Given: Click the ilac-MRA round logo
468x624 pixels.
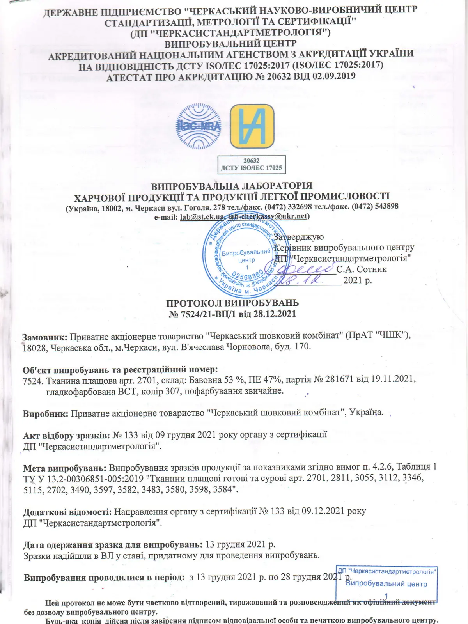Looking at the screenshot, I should [199, 126].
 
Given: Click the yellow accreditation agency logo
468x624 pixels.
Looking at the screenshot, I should [252, 126].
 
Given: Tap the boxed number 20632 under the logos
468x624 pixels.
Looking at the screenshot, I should [251, 161].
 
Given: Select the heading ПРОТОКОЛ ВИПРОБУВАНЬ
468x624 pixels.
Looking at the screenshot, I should [232, 303].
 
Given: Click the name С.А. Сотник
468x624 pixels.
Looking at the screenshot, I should [362, 269].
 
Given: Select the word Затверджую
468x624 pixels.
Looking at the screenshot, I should [299, 237].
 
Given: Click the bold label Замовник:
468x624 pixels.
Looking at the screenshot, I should [45, 336].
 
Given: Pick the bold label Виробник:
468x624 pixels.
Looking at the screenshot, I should [46, 413].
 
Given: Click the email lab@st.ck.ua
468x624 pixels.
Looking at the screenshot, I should [202, 217].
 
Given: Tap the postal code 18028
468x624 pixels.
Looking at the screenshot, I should [34, 347].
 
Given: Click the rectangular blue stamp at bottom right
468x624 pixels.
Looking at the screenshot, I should [387, 583].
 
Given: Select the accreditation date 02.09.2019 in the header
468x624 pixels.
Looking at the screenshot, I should [334, 76].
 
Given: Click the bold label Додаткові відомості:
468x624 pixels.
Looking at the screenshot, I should [67, 511].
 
